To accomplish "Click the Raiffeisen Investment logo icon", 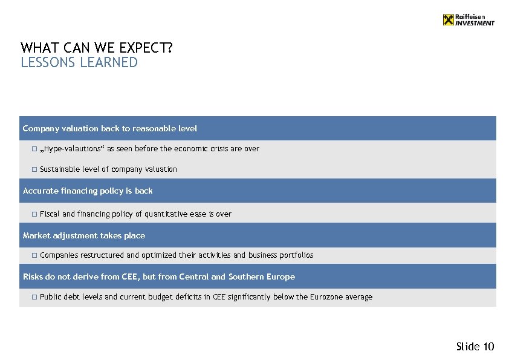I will click(447, 20).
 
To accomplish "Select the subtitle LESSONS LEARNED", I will click(79, 63).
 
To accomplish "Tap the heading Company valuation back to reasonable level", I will click(110, 128).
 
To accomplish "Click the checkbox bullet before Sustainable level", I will click(34, 169).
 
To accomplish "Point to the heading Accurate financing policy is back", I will click(88, 191).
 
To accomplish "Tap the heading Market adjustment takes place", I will click(84, 235).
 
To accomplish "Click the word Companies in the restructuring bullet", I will click(57, 255).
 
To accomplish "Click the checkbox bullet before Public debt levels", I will click(34, 297).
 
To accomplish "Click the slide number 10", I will click(488, 347).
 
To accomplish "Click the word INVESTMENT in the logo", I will click(475, 24).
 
